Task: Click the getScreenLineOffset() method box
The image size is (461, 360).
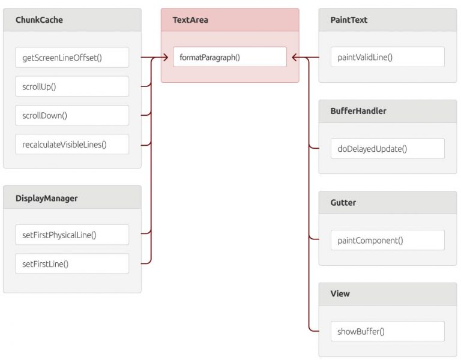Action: coord(72,58)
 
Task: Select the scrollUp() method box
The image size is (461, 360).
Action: coord(72,86)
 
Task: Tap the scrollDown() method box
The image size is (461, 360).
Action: coord(72,115)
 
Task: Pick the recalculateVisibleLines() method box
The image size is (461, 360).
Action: coord(72,144)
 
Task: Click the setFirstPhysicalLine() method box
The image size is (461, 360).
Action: coord(72,235)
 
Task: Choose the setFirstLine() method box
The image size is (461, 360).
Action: coord(72,263)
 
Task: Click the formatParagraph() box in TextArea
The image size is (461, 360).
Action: coord(229,58)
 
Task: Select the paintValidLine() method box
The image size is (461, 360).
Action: coord(387,58)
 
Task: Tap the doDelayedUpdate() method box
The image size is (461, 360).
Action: coord(387,148)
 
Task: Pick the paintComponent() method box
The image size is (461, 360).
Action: coord(387,240)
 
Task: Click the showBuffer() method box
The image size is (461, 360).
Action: coord(387,331)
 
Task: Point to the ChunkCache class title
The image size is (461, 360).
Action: coord(39,20)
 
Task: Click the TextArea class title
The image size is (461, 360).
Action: coord(190,20)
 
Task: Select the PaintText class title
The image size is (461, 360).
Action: coord(349,20)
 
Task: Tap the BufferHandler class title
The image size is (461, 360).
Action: coord(358,111)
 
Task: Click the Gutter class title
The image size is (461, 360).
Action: coord(343,203)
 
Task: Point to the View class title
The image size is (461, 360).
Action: coord(340,294)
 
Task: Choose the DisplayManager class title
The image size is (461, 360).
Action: coord(46,198)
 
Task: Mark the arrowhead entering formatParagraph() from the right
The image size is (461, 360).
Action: coord(295,58)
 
